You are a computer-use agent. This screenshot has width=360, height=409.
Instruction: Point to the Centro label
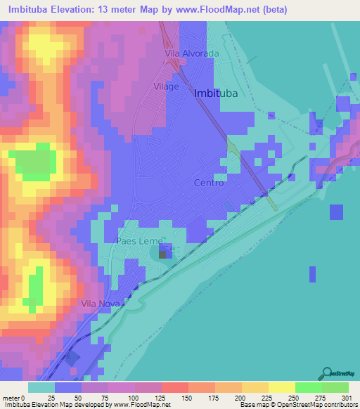point(209,183)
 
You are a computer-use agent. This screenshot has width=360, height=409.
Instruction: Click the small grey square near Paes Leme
point(163,254)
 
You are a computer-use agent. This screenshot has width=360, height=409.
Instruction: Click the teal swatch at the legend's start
point(41,387)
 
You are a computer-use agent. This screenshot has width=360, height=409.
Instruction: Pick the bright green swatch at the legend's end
point(335,387)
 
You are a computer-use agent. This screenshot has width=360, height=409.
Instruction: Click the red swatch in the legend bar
point(174,387)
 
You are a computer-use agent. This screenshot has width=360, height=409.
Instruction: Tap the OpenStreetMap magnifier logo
point(328,373)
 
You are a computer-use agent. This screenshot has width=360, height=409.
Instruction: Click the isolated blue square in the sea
point(337,212)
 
